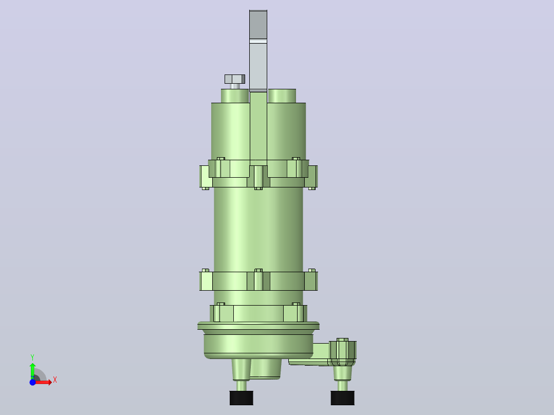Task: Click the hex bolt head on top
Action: [234, 79]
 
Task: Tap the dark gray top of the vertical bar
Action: [258, 24]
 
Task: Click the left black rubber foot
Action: [242, 398]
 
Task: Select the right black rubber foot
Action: [342, 398]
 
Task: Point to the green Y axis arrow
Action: [32, 371]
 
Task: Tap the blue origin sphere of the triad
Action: [32, 382]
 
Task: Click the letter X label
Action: [55, 380]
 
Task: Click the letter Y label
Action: [32, 357]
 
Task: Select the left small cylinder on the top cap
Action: [235, 96]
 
